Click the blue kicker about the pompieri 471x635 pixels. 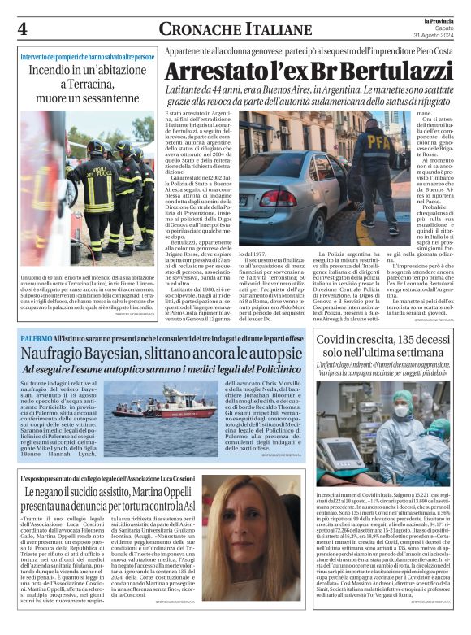coord(86,58)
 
